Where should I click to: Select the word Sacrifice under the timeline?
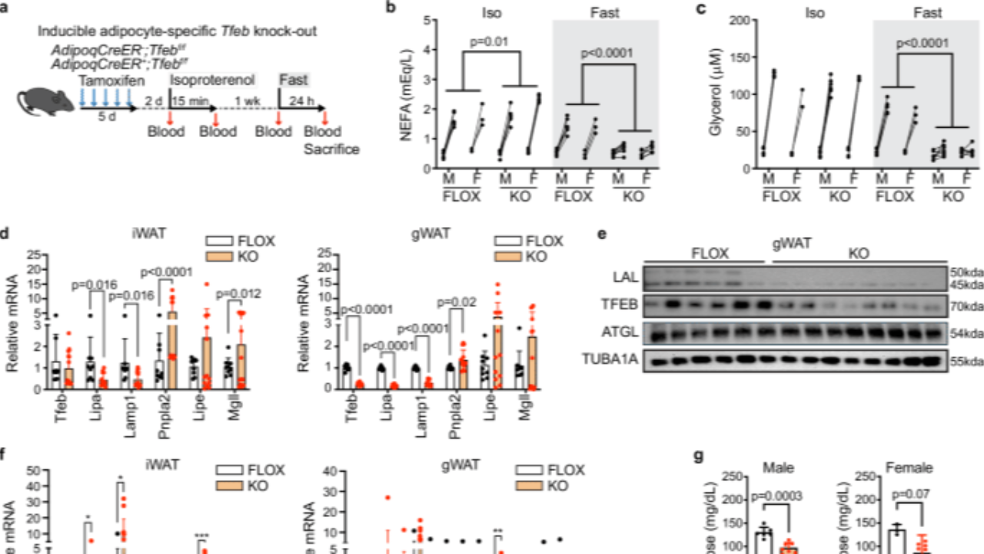point(331,149)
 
